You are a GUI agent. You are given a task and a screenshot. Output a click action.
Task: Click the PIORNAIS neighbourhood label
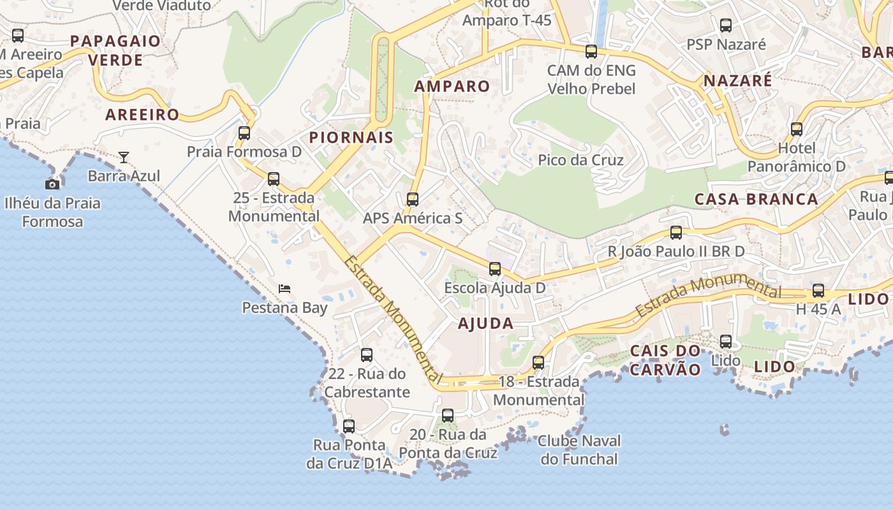(351, 138)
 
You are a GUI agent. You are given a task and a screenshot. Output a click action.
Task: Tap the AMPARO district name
(452, 87)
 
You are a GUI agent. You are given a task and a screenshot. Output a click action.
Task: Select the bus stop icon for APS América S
(413, 200)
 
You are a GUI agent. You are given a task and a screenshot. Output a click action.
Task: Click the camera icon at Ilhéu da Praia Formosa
(52, 184)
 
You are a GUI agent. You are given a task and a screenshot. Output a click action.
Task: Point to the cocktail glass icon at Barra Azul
(124, 157)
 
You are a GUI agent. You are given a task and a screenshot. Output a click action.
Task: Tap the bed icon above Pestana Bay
(284, 289)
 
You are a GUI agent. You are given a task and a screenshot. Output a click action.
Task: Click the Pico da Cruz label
(580, 160)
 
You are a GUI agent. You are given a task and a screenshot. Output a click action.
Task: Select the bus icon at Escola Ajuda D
(495, 269)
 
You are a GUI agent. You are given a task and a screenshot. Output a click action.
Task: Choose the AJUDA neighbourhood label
(485, 323)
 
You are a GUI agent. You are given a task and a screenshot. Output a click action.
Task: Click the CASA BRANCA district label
(756, 199)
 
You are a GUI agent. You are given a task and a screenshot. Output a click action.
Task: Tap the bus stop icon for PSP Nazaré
(726, 25)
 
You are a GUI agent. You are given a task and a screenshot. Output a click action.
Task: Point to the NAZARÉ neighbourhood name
(737, 81)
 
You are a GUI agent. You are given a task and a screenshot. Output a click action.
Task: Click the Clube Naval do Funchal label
(579, 449)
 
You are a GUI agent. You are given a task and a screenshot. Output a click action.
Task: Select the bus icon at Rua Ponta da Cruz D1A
(349, 426)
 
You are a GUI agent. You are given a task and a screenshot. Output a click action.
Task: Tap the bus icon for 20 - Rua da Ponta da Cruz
(448, 416)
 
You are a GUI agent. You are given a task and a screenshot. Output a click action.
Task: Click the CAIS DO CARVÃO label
(665, 360)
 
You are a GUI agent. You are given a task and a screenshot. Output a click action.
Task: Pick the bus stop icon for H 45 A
(818, 291)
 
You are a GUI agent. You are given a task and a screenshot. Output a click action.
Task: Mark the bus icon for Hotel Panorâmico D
(797, 129)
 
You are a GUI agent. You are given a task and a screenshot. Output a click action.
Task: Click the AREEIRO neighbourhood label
(142, 115)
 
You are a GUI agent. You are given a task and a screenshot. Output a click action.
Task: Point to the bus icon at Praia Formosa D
(244, 133)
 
